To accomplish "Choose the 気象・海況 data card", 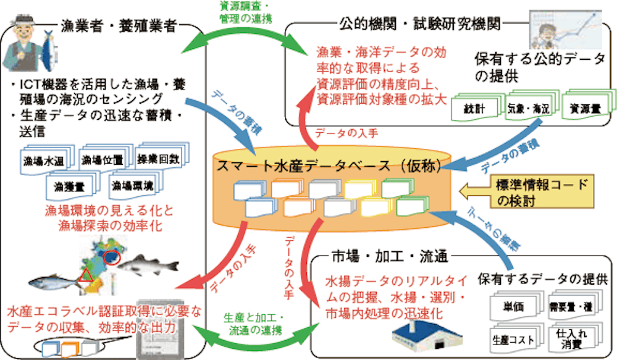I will pos(528,107).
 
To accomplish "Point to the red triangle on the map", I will pos(85,275).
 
